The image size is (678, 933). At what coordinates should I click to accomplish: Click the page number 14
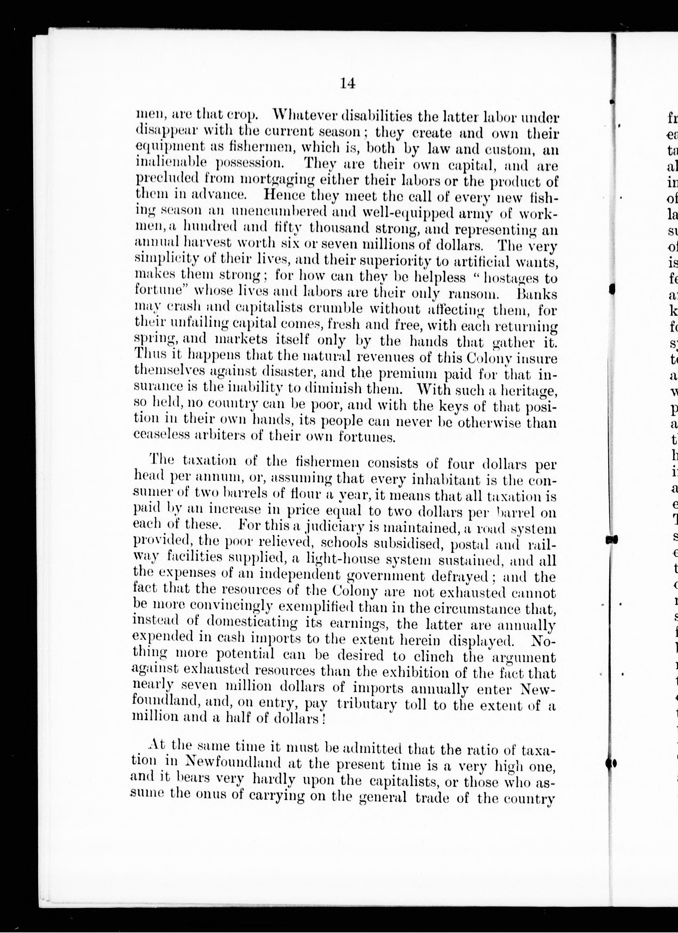[x=347, y=83]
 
